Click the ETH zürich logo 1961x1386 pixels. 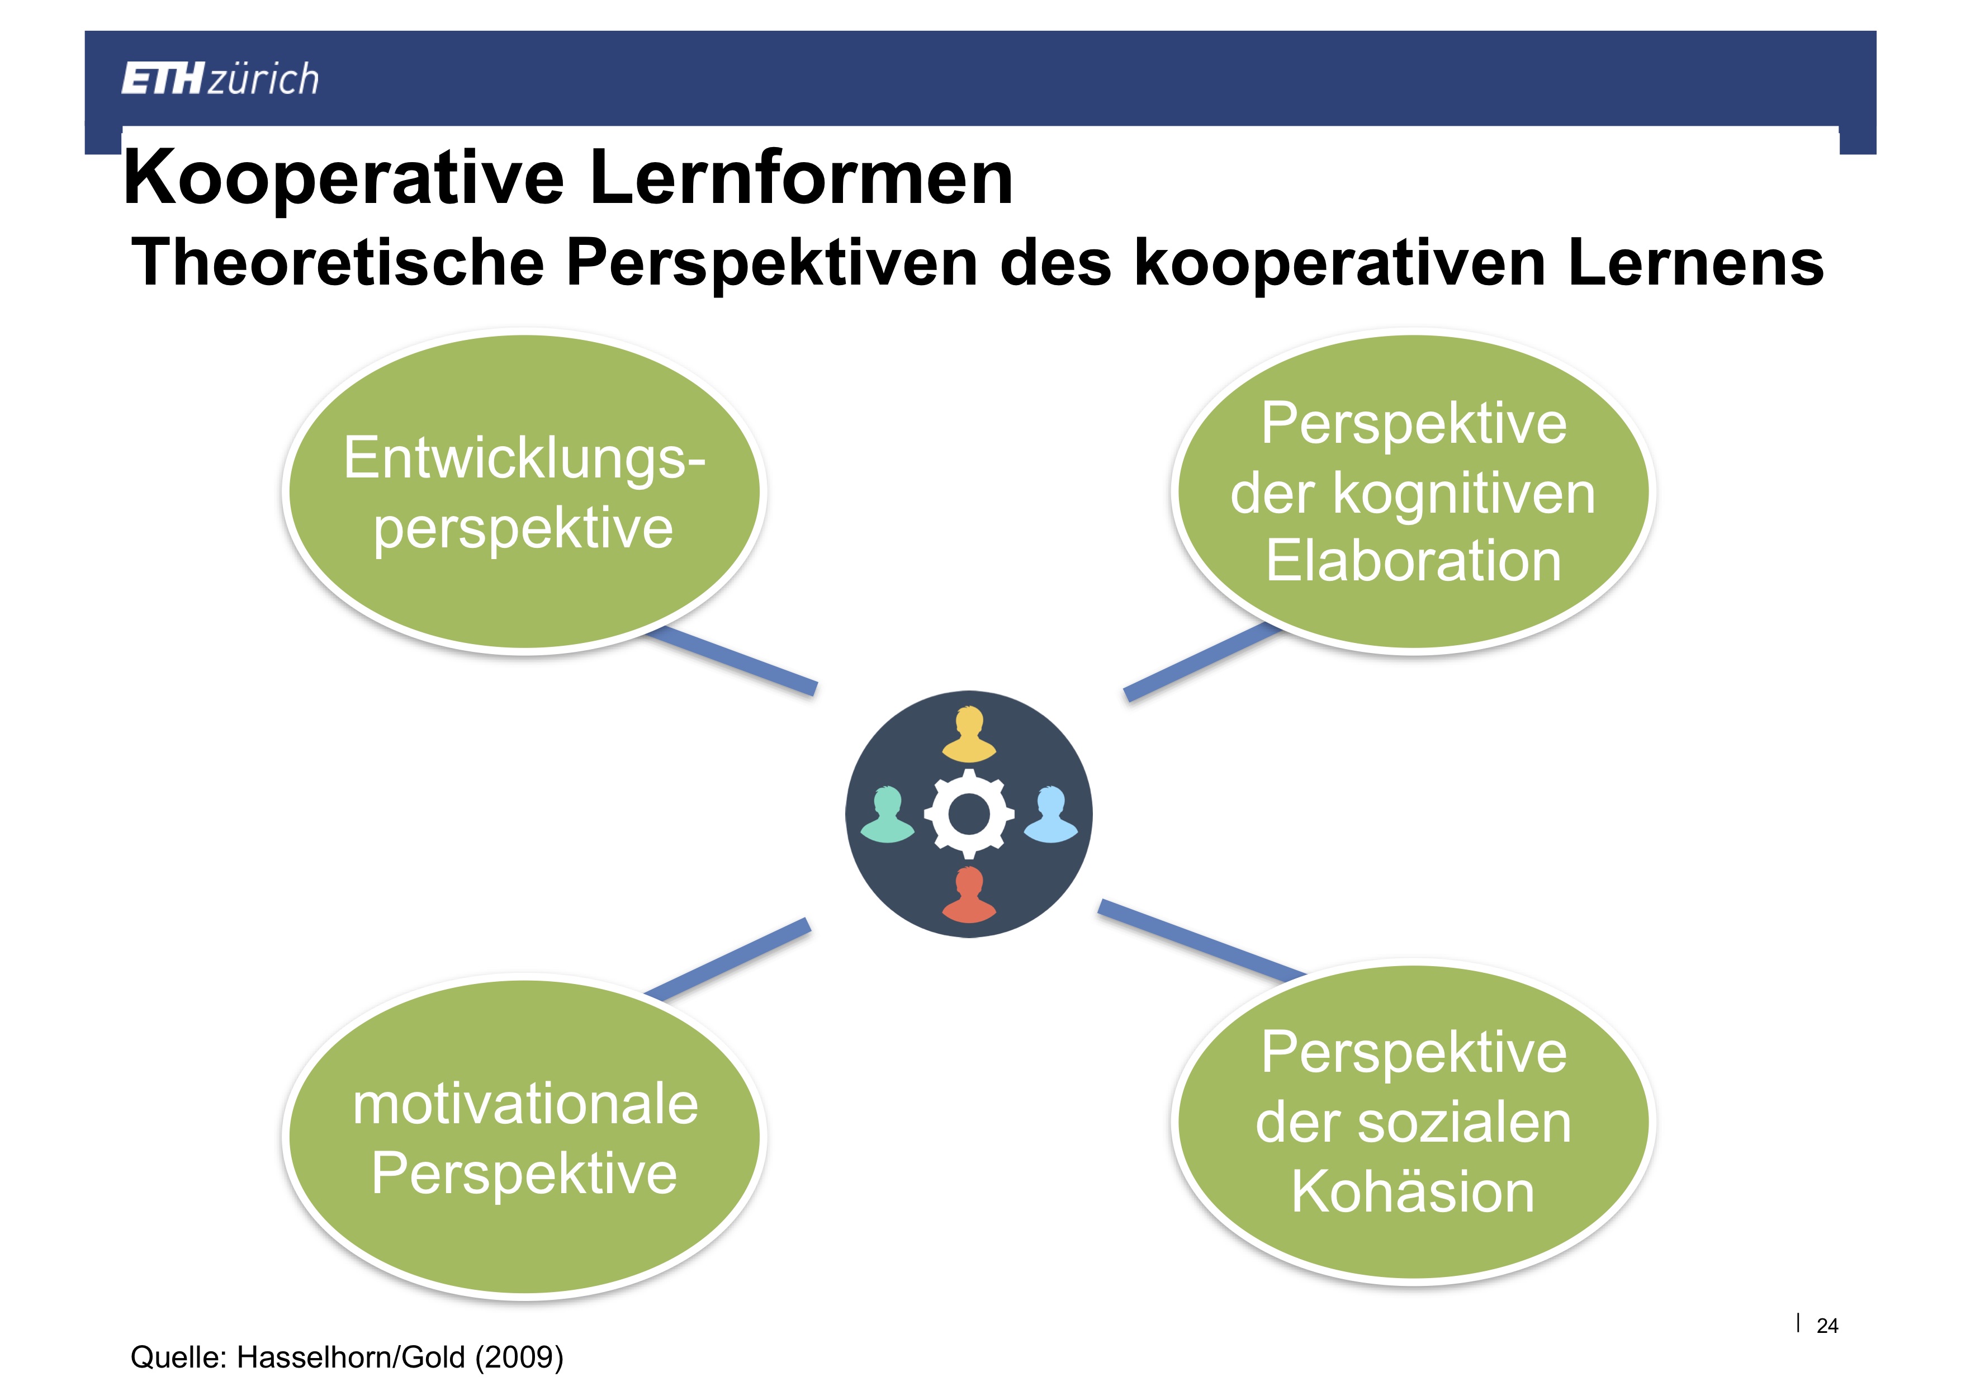click(220, 79)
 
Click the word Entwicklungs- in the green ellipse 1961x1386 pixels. click(524, 458)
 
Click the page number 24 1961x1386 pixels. click(1827, 1326)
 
